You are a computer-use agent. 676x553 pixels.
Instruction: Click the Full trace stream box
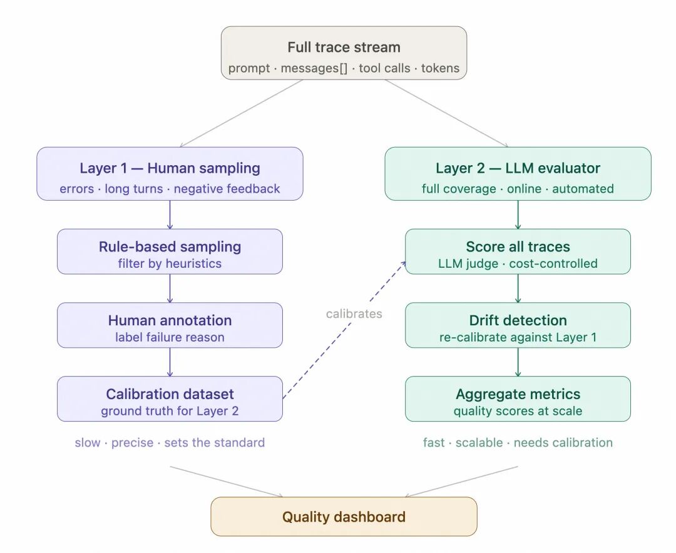(x=344, y=53)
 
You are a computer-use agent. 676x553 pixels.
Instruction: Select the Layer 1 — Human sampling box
(x=170, y=174)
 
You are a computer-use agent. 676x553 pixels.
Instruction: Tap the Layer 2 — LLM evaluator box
(x=518, y=174)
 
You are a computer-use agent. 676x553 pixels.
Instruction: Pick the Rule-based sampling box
(x=170, y=251)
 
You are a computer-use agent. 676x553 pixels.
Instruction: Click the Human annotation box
(x=170, y=325)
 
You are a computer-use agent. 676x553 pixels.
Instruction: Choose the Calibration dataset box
(x=170, y=399)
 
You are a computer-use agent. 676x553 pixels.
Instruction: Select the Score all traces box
(x=518, y=251)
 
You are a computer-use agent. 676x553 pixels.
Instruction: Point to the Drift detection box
(x=518, y=325)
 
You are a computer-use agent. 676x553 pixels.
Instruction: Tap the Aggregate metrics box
(x=518, y=399)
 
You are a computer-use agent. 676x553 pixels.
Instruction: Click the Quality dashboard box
(x=344, y=517)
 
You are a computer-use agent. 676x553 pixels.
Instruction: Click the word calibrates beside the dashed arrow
(x=354, y=313)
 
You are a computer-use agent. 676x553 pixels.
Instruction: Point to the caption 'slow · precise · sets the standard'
(x=170, y=443)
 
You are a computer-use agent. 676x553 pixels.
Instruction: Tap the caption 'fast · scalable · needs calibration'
(x=518, y=443)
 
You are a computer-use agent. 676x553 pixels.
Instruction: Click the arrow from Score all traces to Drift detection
(x=518, y=288)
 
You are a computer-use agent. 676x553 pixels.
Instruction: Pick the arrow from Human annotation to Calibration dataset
(x=170, y=362)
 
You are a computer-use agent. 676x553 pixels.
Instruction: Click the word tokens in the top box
(x=440, y=68)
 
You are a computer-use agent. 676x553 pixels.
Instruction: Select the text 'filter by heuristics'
(x=170, y=263)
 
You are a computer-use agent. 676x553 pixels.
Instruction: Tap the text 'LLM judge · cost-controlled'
(x=518, y=263)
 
